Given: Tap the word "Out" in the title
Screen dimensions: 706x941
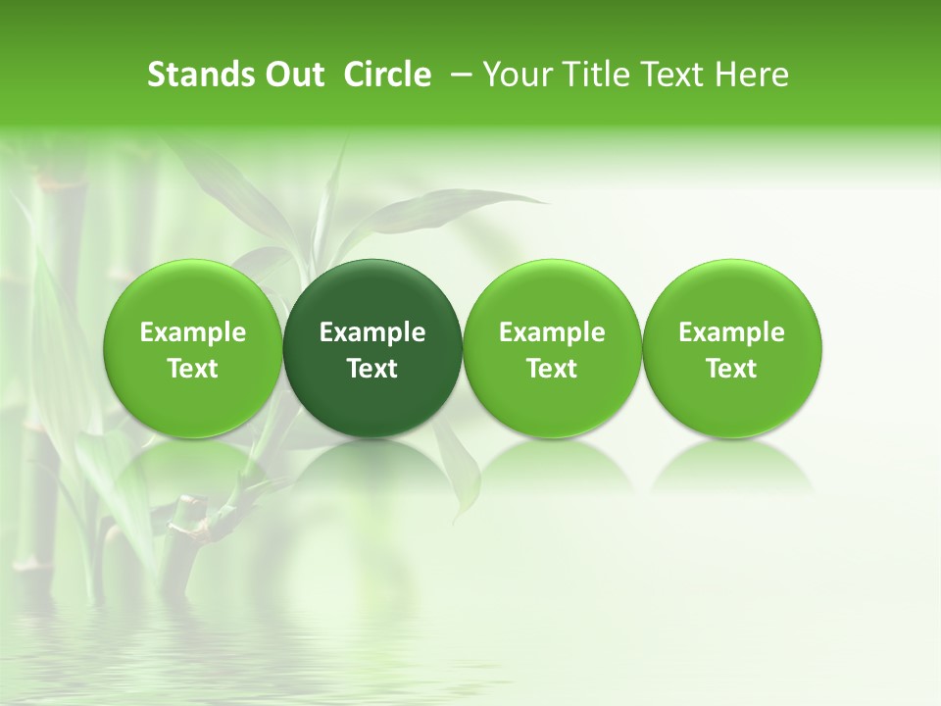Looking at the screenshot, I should pos(292,75).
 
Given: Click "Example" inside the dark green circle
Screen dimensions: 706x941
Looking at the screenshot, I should pos(372,332).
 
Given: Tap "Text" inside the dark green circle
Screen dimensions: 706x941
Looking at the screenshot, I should pos(372,369).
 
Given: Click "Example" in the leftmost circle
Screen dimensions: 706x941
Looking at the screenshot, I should pos(192,332).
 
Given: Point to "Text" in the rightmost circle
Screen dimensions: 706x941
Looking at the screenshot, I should pos(731,369).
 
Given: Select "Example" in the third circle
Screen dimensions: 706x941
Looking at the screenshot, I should pos(552,332).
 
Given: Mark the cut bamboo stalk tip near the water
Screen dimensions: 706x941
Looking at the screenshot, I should pos(186,506).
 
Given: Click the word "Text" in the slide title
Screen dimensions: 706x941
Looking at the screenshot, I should pos(675,75).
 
